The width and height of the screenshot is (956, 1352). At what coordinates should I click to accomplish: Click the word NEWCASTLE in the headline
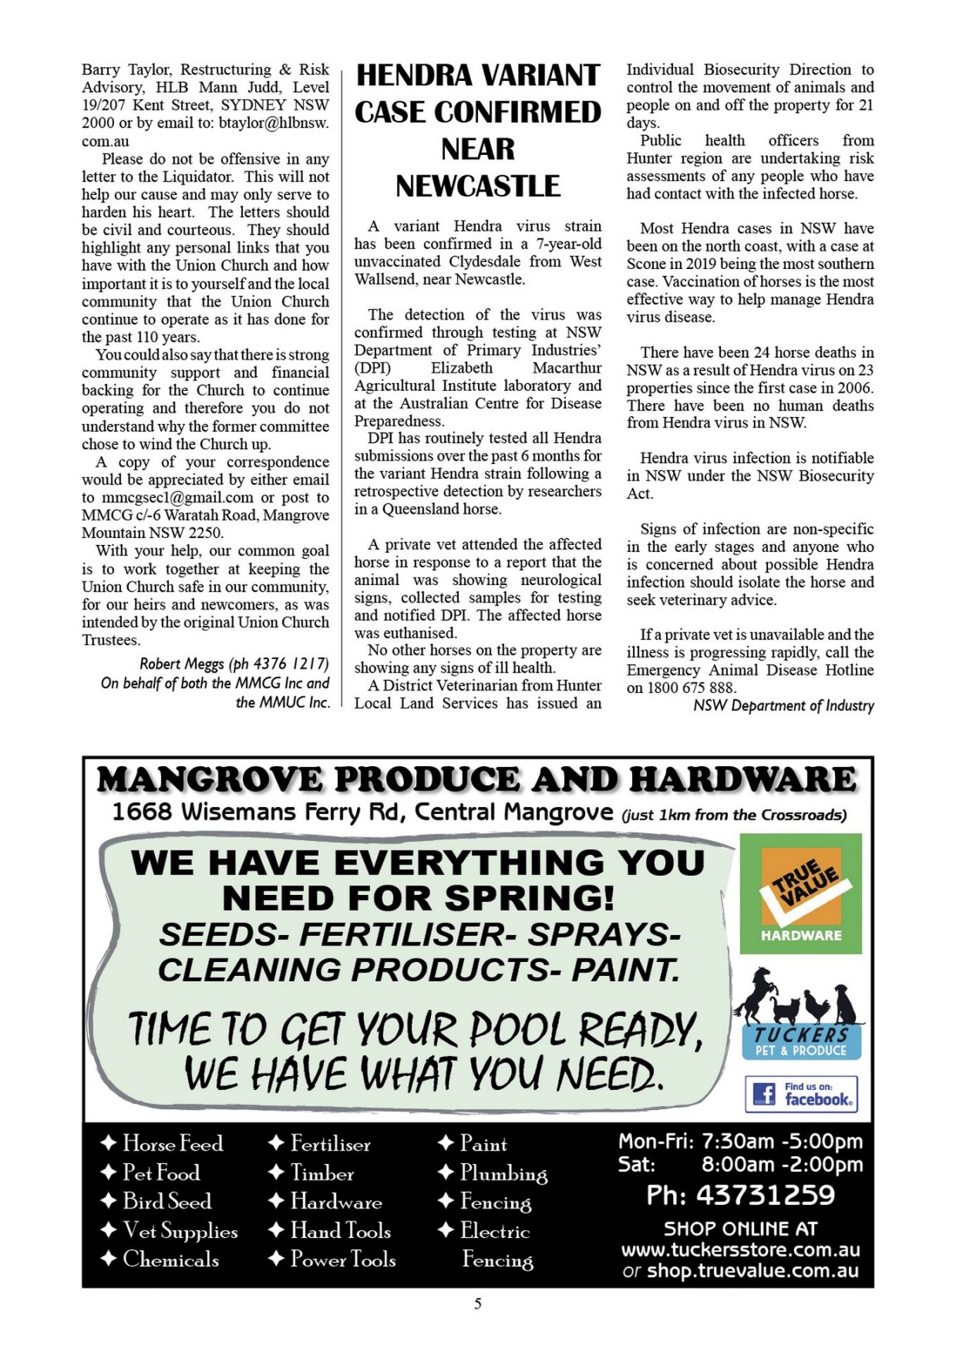[x=477, y=187]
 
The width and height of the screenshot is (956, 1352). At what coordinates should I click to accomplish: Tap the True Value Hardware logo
[x=800, y=894]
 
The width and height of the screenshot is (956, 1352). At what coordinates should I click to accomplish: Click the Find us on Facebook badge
[x=801, y=1094]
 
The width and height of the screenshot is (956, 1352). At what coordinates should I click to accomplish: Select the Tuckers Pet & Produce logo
[x=801, y=1042]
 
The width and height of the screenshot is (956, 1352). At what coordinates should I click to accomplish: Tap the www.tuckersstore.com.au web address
[x=741, y=1250]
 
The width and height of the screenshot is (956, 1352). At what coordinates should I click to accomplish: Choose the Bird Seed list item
[x=167, y=1201]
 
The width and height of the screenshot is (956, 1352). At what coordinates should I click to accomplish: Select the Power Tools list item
[x=343, y=1259]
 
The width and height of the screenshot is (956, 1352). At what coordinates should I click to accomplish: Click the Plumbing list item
[x=503, y=1172]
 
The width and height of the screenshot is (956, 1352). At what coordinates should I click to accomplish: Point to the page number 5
[x=478, y=1303]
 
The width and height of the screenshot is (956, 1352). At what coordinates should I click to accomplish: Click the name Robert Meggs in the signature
[x=183, y=664]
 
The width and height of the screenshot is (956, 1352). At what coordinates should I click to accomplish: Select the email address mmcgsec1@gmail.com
[x=177, y=498]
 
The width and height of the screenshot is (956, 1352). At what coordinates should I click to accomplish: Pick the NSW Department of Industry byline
[x=784, y=706]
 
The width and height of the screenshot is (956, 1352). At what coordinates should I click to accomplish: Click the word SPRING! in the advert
[x=530, y=898]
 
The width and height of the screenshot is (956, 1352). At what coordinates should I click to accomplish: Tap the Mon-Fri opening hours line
[x=741, y=1141]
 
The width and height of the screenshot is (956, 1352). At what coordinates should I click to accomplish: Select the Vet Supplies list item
[x=180, y=1231]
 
